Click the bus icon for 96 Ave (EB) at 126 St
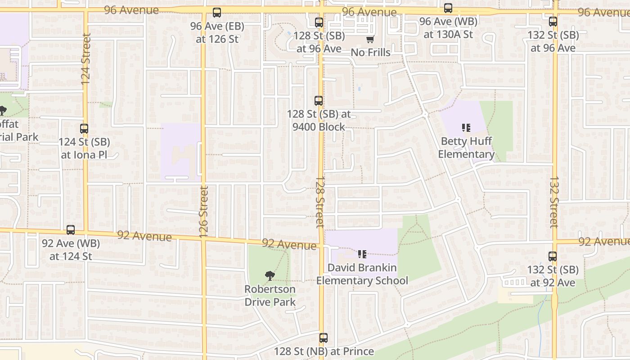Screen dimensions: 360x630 (x=217, y=13)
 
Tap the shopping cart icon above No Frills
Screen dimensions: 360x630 (x=370, y=40)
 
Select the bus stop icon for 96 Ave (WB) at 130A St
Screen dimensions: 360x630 (x=448, y=8)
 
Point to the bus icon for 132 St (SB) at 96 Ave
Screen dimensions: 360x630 (x=553, y=21)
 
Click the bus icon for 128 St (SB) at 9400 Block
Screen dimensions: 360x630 (x=319, y=101)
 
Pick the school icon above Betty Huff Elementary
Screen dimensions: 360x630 (x=466, y=128)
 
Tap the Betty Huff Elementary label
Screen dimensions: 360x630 (x=466, y=148)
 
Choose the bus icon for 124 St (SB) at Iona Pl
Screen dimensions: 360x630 (x=84, y=129)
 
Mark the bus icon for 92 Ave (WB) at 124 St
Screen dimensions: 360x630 (x=71, y=230)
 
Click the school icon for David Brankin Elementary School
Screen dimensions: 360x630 (x=362, y=254)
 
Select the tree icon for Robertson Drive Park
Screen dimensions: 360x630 (x=270, y=275)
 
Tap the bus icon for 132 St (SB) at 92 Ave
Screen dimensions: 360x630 (x=553, y=256)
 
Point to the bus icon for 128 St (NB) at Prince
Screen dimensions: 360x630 (x=324, y=338)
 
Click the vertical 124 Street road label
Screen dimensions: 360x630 (x=86, y=58)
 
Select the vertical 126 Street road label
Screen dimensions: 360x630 (x=203, y=212)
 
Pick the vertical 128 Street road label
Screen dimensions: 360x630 (x=319, y=201)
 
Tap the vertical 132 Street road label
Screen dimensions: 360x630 (x=554, y=202)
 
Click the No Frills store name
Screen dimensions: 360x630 (x=370, y=52)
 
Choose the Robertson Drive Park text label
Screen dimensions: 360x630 (x=270, y=295)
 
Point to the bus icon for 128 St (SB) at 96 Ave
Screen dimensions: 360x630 (x=319, y=22)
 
